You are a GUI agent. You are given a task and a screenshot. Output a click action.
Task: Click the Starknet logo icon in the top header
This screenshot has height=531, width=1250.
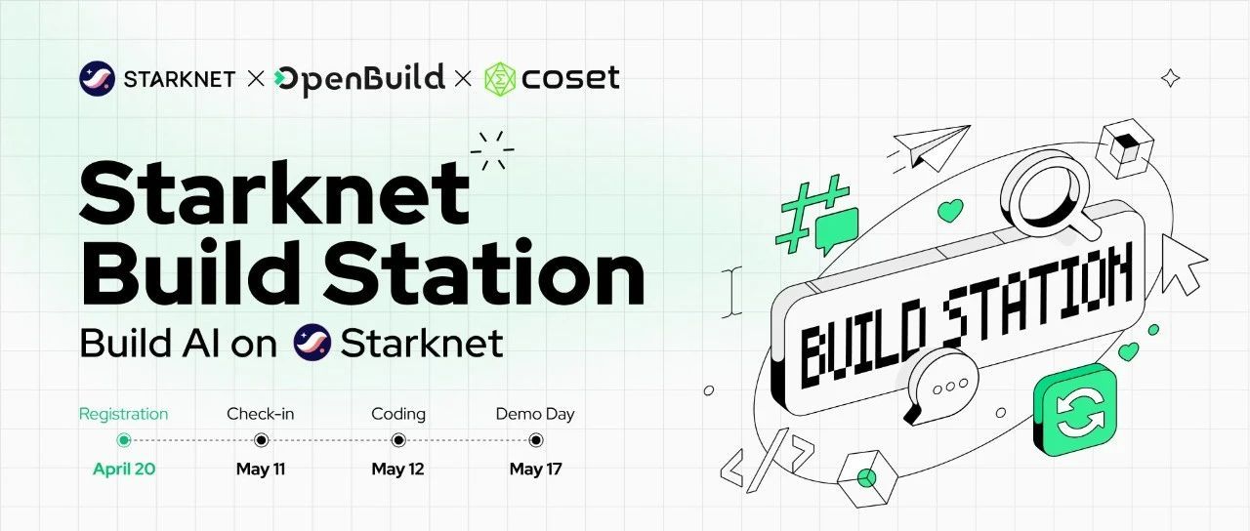97,79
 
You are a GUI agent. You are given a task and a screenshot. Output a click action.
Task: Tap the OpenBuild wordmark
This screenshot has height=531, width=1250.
359,80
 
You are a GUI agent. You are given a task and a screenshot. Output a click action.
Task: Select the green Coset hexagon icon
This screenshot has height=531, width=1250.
500,80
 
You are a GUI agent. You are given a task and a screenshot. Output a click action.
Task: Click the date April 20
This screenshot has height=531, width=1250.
124,470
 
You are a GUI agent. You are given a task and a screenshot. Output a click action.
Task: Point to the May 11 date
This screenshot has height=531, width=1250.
261,470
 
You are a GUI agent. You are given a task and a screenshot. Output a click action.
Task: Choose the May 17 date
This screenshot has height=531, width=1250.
536,470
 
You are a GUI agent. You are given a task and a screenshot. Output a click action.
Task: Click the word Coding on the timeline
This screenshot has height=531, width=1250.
398,415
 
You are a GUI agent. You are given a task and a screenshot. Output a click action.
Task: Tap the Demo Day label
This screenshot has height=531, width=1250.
535,415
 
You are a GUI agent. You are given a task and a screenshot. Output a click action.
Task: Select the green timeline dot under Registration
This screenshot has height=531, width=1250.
124,440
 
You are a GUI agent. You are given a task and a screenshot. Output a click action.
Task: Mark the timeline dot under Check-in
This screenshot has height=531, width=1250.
261,440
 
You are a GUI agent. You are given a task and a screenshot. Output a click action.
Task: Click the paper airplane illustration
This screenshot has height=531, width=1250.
929,147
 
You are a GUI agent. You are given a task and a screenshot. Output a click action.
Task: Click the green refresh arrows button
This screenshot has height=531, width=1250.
1075,411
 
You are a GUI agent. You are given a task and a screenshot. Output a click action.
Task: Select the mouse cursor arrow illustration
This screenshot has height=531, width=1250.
1182,265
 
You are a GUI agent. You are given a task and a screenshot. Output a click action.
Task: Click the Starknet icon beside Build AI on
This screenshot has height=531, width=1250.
312,342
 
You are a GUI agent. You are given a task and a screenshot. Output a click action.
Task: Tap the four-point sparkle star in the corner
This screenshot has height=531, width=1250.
1170,78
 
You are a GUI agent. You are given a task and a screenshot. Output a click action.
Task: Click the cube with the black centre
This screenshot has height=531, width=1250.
1124,148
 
